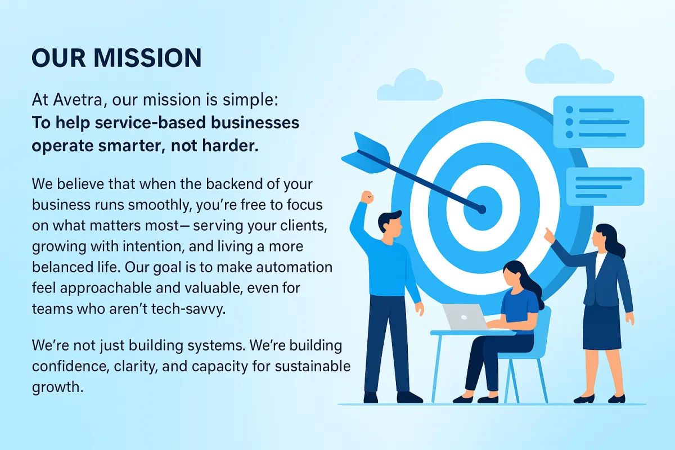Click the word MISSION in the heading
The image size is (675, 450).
pos(147,57)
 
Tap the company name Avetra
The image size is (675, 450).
pos(78,100)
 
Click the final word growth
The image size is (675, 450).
pos(57,388)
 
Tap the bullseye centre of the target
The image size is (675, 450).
pos(483,208)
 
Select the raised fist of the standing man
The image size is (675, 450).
pos(367,198)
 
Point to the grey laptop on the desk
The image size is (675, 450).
pos(465,317)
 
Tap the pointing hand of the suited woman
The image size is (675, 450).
pos(550,236)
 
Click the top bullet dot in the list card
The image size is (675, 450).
pos(569,110)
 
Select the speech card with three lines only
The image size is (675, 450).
pos(605,187)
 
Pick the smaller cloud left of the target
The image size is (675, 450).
pos(410,85)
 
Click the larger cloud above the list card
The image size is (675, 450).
pos(569,64)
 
